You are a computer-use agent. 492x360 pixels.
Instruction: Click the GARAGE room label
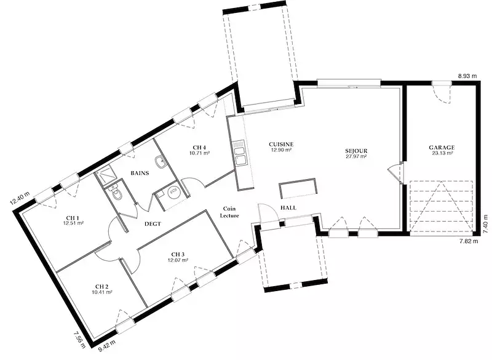(442, 148)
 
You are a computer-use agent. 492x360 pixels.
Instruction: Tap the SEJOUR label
(356, 151)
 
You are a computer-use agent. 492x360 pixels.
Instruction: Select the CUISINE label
(281, 145)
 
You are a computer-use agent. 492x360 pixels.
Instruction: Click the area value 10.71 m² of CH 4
(199, 153)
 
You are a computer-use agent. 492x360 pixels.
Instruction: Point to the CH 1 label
(73, 218)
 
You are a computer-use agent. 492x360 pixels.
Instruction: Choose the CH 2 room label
(102, 287)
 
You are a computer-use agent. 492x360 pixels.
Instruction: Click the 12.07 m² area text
(178, 260)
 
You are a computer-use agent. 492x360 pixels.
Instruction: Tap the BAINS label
(140, 173)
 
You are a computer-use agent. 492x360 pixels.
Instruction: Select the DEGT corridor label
(153, 224)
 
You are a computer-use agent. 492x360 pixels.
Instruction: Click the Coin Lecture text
(229, 212)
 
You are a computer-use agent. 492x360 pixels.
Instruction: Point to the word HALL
(288, 208)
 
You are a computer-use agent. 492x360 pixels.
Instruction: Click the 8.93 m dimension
(467, 76)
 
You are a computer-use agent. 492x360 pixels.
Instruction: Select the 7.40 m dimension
(486, 224)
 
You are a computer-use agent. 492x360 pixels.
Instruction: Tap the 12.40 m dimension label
(20, 198)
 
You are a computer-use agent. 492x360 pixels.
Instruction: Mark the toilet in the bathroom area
(116, 193)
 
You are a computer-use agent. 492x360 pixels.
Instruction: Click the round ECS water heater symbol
(173, 192)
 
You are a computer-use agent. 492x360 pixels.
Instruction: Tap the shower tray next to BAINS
(105, 176)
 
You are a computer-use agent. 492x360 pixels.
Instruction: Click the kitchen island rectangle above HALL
(298, 188)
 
